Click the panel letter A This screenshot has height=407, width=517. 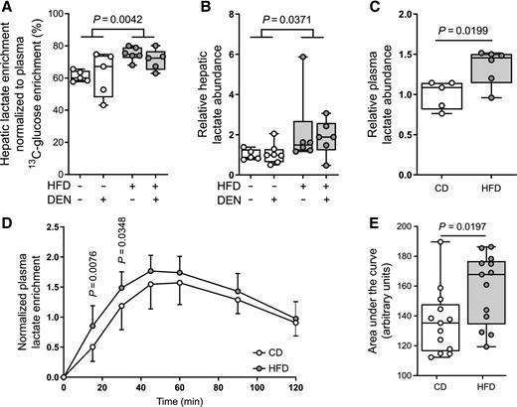point(7,8)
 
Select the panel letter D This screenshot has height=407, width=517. point(7,211)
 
